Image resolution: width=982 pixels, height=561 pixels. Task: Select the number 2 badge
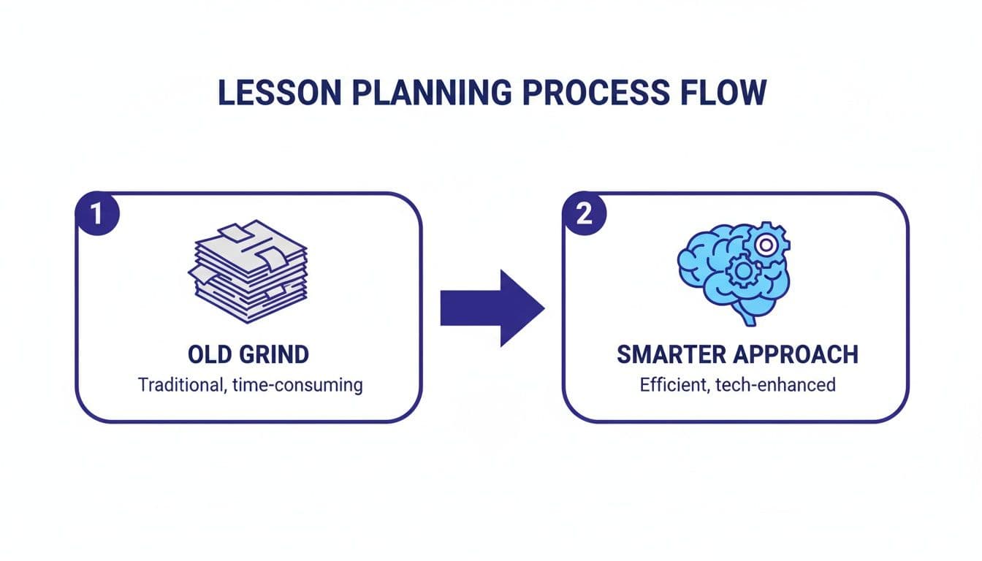585,214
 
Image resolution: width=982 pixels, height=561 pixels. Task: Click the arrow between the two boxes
492,307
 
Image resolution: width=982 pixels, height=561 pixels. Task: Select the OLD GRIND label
248,354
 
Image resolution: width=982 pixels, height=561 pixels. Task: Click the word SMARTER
671,354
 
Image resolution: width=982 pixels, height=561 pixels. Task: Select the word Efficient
669,384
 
